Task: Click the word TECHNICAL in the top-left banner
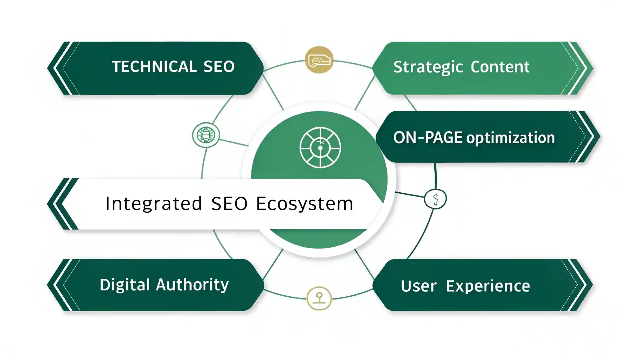[154, 67]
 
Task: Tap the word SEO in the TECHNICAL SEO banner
[219, 67]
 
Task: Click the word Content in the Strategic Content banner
[500, 67]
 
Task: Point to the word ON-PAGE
[428, 137]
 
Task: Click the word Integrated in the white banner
[154, 204]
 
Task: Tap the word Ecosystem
[305, 204]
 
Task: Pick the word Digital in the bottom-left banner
[125, 285]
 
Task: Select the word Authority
[192, 285]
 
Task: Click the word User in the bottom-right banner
[418, 286]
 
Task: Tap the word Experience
[488, 286]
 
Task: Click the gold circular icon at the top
[319, 60]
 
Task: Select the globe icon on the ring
[206, 135]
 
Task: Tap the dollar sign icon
[435, 199]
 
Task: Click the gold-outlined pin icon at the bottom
[319, 298]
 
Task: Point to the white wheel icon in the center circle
[320, 147]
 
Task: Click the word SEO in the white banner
[229, 204]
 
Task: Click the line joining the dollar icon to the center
[410, 195]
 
